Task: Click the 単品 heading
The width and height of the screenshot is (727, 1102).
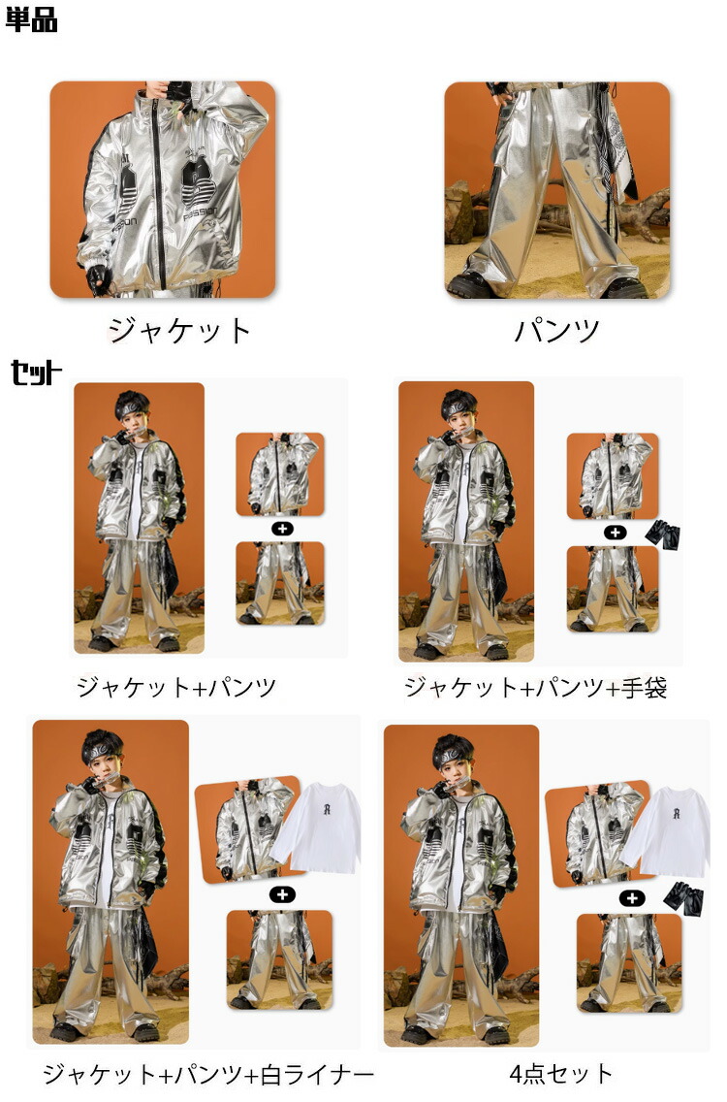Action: click(32, 19)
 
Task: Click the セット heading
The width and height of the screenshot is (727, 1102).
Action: click(37, 373)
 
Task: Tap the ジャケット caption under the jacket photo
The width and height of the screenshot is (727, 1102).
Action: click(180, 331)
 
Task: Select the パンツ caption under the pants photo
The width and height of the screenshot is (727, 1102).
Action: click(557, 331)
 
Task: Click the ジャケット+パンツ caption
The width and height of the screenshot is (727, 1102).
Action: click(176, 687)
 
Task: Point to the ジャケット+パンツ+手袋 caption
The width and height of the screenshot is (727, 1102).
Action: click(535, 687)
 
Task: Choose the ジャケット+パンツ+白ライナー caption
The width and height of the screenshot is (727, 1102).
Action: click(207, 1074)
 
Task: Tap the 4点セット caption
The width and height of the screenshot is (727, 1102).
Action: click(560, 1073)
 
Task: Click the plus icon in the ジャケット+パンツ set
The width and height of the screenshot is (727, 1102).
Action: click(282, 529)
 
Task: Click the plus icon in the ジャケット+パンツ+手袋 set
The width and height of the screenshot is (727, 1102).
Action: click(616, 532)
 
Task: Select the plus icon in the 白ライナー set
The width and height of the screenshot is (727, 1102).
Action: click(282, 894)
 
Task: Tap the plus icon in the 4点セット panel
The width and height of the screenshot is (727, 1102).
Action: click(632, 897)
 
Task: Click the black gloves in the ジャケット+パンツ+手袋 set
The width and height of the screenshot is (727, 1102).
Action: click(662, 535)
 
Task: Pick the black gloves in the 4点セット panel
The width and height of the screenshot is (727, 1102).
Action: click(683, 897)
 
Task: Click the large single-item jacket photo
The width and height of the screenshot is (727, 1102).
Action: click(162, 189)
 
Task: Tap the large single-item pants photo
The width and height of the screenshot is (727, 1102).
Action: click(557, 190)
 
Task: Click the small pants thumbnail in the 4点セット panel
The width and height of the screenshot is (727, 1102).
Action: click(629, 963)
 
